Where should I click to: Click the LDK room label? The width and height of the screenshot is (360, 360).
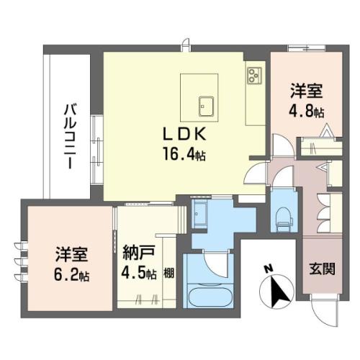coord(184,134)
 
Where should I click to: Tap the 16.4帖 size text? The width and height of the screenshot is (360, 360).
coord(184,153)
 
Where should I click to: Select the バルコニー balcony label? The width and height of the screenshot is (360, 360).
coord(70,136)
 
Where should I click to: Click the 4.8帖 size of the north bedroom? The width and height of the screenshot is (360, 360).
coord(307,111)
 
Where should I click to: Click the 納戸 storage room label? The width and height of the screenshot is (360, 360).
coord(138,253)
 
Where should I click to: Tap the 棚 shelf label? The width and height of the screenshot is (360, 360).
coord(169,273)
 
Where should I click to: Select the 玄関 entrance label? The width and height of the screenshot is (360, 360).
coord(322,269)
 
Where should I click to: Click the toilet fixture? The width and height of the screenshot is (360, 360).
coord(284,220)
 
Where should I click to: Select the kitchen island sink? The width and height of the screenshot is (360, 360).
coord(207,107)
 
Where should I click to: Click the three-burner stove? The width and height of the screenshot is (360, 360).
coord(255,76)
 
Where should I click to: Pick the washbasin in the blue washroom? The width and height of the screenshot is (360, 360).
coord(199,214)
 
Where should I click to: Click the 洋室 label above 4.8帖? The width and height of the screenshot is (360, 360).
coord(307,91)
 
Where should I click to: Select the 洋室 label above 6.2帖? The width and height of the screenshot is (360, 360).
coord(72,254)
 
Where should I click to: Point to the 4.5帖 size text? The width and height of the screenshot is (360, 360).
coord(139,274)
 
